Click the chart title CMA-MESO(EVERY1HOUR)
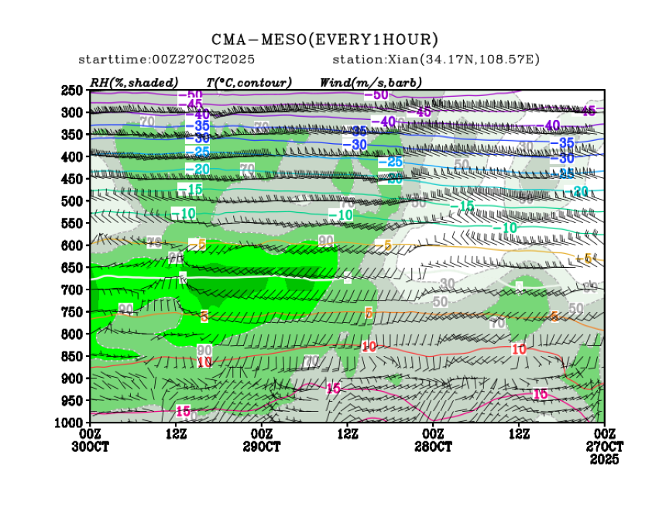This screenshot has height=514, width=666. point(325,39)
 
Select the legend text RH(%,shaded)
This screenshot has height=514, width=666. point(134,82)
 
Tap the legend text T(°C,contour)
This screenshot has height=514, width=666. point(249,82)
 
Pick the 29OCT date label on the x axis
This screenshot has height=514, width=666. point(263,447)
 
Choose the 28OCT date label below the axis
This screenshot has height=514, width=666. point(433,447)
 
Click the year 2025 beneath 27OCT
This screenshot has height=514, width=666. point(604,460)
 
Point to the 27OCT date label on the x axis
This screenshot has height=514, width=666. point(604,447)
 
